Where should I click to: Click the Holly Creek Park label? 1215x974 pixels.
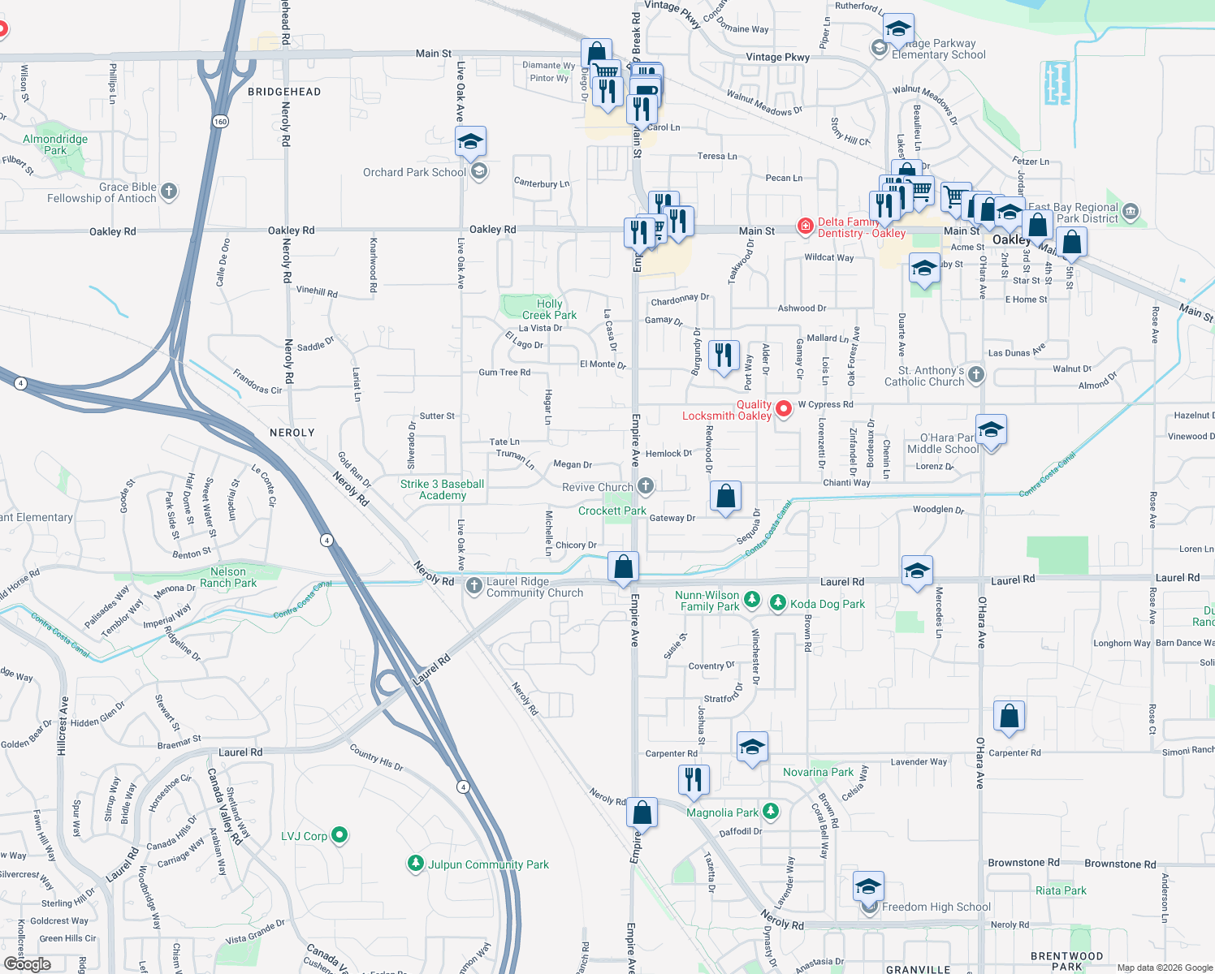tap(549, 309)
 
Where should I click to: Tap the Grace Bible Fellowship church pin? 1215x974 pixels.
tap(169, 192)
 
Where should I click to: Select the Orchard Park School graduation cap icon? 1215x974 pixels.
tap(470, 143)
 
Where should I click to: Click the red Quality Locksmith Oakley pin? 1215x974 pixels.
tap(784, 408)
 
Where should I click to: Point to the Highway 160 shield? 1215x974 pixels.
tap(221, 122)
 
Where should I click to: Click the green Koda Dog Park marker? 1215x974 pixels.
tap(778, 602)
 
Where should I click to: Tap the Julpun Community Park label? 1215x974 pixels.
tap(488, 864)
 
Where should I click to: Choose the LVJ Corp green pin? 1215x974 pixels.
tap(340, 834)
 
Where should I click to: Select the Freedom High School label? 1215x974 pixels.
tap(936, 907)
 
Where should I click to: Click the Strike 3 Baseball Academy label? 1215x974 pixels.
tap(442, 489)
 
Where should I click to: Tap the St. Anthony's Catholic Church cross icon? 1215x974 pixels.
tap(976, 375)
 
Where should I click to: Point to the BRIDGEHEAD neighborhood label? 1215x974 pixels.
tap(284, 92)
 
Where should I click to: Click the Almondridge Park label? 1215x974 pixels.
tap(55, 144)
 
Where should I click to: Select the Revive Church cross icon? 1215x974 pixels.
tap(646, 486)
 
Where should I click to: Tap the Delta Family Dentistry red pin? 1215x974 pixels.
tap(805, 226)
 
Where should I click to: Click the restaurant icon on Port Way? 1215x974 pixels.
tap(723, 356)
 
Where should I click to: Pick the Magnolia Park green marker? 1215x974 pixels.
tap(771, 811)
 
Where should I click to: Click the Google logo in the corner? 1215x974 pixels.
tap(28, 963)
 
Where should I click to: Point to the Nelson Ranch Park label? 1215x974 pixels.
tap(228, 577)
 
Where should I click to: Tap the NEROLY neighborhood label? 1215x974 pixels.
tap(292, 433)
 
